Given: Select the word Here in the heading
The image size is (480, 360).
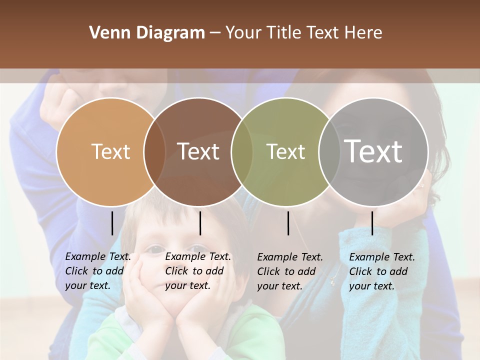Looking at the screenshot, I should coord(364,33).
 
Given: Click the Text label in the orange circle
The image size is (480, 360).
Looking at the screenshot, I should coord(110,151).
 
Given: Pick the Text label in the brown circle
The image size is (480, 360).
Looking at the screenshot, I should coord(198,151).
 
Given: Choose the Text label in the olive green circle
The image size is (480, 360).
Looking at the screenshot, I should coord(286,151).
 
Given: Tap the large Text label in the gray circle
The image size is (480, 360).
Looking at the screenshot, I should coord(373,151).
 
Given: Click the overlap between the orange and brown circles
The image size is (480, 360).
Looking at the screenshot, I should coord(154,151).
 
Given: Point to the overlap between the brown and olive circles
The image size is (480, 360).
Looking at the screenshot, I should coord(242,151).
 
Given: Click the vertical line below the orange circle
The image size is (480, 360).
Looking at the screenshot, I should coord(112,223).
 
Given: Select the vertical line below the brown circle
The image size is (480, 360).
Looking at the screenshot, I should coord(200,223).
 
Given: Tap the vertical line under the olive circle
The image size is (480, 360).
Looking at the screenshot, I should coord(288,223).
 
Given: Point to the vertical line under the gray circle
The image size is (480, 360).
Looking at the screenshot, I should coord(372,223).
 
